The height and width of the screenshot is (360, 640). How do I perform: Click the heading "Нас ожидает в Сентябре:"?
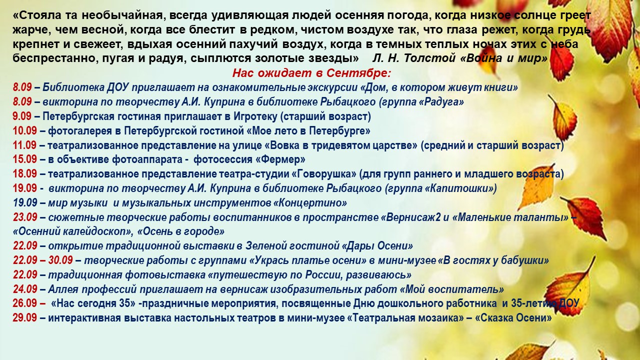[x=311, y=73]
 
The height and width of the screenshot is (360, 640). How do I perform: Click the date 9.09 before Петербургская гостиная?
[x=22, y=116]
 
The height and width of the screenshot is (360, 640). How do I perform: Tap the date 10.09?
[x=24, y=131]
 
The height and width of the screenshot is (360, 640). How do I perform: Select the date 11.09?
[x=24, y=145]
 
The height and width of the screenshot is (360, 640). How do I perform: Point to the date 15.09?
[x=24, y=159]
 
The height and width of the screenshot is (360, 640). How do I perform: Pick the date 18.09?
[x=24, y=174]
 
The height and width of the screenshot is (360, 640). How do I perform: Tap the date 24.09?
[x=24, y=289]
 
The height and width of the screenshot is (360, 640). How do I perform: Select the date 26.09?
[x=24, y=303]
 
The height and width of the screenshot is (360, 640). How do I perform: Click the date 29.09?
[x=24, y=318]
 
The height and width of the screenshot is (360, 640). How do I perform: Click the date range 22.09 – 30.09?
[x=43, y=260]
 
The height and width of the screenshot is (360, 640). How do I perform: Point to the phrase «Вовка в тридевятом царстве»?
[x=341, y=145]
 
